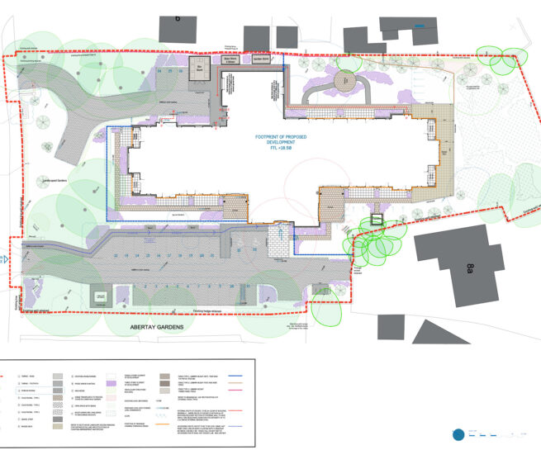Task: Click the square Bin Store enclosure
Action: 198,69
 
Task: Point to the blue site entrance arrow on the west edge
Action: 5,258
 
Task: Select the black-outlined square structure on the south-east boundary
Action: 376,220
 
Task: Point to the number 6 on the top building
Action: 177,17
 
